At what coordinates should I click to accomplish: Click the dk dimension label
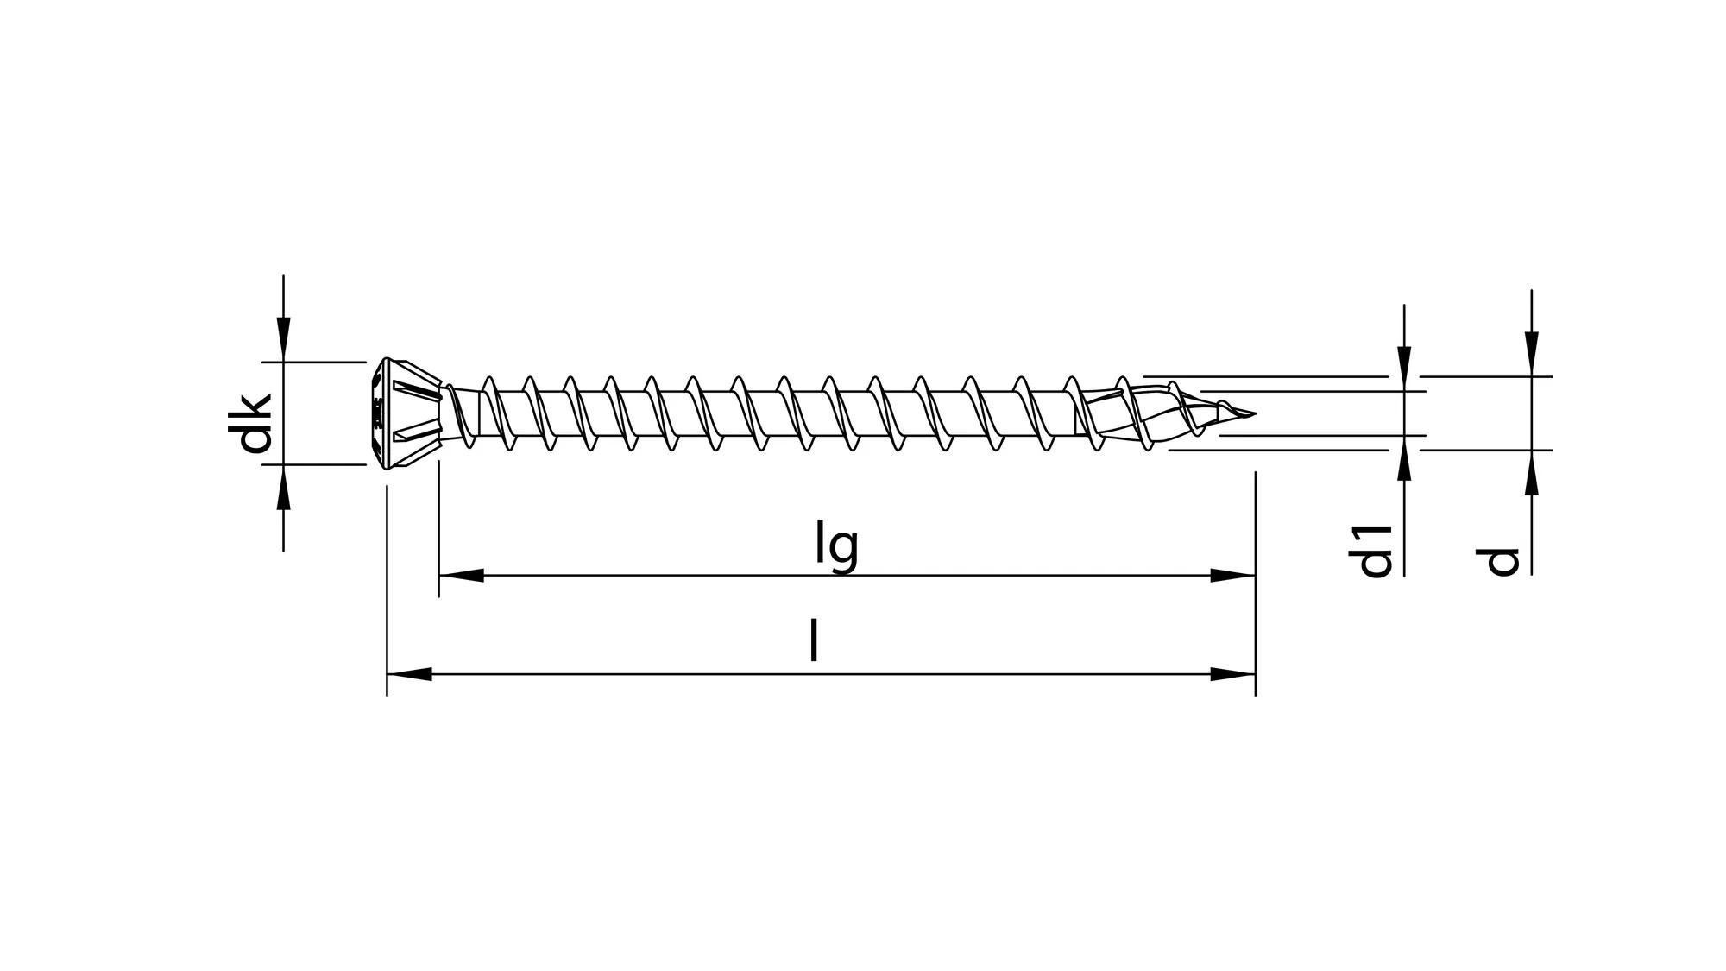point(255,423)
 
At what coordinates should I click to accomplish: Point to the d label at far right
point(1502,561)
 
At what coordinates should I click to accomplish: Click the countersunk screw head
point(410,413)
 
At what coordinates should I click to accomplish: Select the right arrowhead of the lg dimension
point(1233,575)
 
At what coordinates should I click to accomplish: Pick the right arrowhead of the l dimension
point(1233,674)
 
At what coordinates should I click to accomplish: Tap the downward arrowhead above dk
point(284,340)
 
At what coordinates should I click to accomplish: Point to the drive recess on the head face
point(377,413)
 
